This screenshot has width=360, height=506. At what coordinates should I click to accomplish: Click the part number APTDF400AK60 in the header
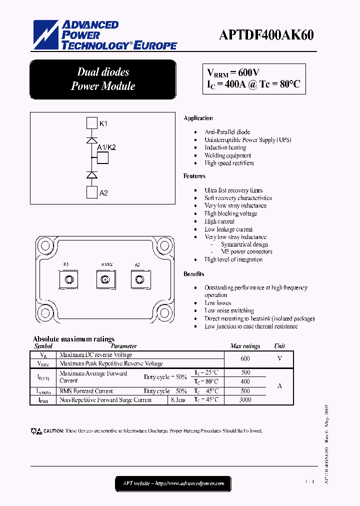point(266,34)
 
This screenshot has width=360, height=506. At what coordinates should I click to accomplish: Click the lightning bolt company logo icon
point(45,35)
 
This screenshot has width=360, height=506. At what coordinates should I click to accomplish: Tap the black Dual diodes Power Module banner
point(103,79)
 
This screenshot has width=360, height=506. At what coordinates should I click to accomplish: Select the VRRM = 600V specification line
point(233,72)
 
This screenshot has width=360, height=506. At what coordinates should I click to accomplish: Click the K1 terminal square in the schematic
point(91,123)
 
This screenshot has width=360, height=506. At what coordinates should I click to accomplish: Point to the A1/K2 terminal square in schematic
point(103,157)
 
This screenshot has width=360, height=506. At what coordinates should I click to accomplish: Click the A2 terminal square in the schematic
point(91,192)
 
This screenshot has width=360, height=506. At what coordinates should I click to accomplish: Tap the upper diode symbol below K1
point(91,140)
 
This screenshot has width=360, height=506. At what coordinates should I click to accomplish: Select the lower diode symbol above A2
point(91,175)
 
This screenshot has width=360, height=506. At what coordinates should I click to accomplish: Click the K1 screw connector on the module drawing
point(69,278)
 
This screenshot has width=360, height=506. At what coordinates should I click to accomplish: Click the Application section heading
point(198,118)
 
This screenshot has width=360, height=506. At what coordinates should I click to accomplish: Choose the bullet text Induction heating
point(225,147)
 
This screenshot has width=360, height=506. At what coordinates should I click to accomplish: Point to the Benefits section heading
point(193,274)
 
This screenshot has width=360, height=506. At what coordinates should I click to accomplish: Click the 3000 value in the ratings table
point(245,400)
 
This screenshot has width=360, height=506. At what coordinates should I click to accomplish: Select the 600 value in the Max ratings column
point(245,358)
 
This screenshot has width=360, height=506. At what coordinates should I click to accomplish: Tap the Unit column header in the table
point(279,346)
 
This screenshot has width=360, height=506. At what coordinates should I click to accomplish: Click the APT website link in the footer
point(173,483)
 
